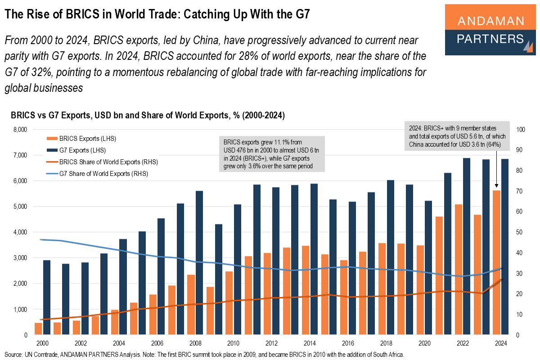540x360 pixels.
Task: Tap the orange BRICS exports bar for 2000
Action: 38,329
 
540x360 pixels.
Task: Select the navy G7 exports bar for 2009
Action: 218,279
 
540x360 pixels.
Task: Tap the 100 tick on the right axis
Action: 522,130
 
